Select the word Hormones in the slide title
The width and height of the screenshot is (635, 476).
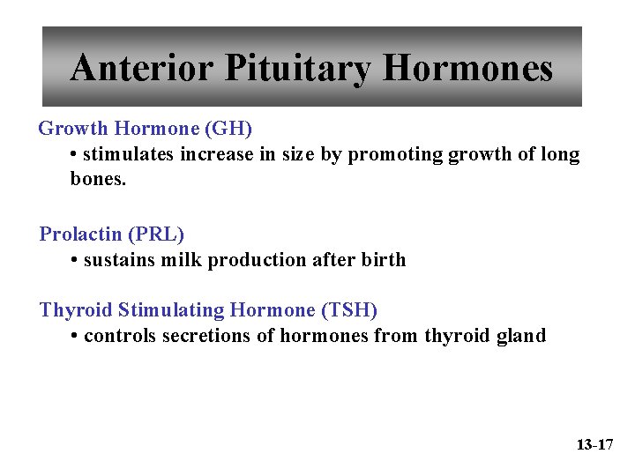click(469, 68)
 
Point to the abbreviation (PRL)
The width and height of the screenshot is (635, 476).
click(156, 234)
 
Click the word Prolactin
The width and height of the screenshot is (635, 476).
click(81, 234)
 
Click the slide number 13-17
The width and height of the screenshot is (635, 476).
click(594, 444)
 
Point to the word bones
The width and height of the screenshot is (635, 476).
click(98, 180)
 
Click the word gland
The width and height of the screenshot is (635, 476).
click(519, 336)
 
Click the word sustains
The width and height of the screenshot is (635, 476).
click(116, 260)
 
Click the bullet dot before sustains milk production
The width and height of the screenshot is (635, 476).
click(75, 261)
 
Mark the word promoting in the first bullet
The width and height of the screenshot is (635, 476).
click(396, 155)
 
